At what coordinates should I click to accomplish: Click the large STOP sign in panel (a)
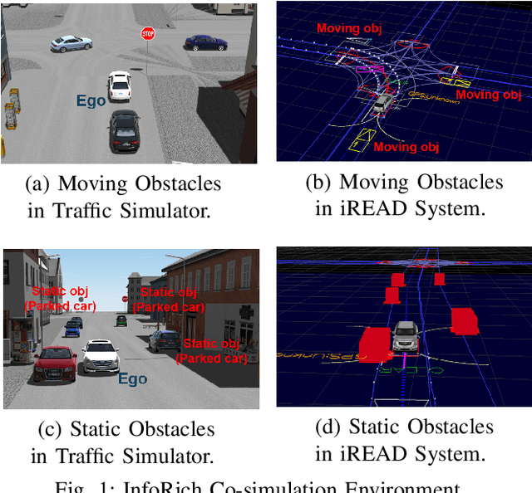(x=148, y=33)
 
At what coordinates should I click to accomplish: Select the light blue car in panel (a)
(x=71, y=42)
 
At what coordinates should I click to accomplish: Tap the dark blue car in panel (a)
(x=204, y=41)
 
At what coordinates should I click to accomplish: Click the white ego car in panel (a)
(x=120, y=85)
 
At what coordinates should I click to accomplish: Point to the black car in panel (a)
(x=124, y=131)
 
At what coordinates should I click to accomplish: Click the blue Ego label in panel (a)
(x=91, y=100)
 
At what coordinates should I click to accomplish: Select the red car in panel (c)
(x=57, y=364)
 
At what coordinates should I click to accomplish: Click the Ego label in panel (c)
(x=132, y=379)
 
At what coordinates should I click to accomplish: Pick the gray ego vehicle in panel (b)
(x=383, y=103)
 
